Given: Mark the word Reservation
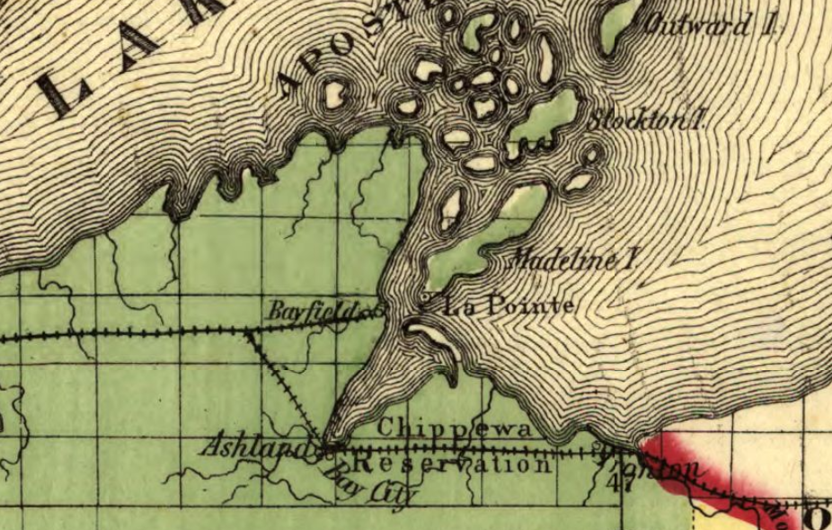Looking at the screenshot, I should [452, 465].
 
